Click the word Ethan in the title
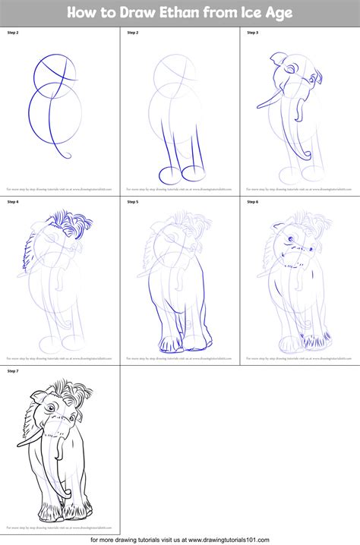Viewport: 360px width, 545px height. [184, 12]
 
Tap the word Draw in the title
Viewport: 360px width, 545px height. [134, 12]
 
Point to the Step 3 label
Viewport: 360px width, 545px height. [252, 33]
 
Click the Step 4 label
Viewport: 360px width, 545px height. [13, 202]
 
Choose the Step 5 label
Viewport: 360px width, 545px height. [132, 202]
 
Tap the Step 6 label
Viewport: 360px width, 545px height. [252, 202]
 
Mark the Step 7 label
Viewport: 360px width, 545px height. [13, 371]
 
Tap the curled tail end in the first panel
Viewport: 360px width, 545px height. [67, 157]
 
